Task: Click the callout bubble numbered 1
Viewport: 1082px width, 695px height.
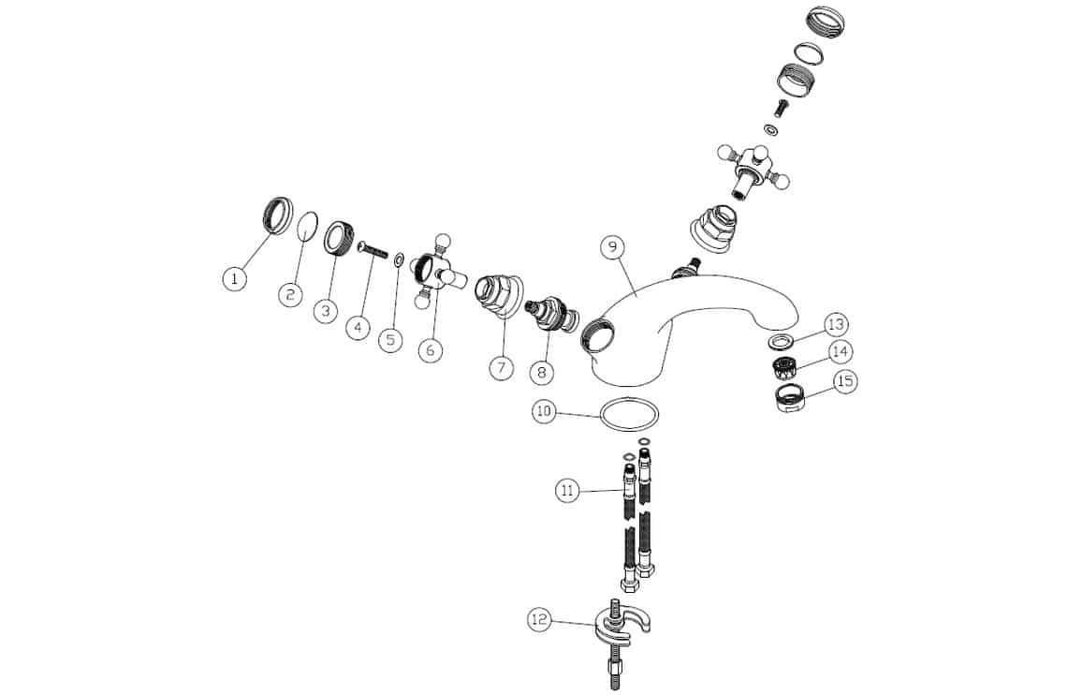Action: (x=235, y=279)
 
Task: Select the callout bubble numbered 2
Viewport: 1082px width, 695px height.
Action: (x=290, y=295)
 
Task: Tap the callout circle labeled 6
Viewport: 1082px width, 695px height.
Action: (x=431, y=349)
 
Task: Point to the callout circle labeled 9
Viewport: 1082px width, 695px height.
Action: (x=612, y=246)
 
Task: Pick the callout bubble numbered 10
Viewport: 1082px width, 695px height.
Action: (x=544, y=412)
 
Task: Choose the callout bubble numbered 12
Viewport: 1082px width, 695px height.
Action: (x=540, y=620)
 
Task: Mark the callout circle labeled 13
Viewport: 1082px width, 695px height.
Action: (x=836, y=324)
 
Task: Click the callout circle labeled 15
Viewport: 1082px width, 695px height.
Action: (x=845, y=381)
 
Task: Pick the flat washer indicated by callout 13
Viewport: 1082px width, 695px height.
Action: (x=781, y=340)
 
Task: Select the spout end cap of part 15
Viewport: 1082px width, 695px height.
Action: (x=787, y=399)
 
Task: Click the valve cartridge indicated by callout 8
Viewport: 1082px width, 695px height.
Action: (x=550, y=314)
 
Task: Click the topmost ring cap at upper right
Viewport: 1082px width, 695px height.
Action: (x=826, y=22)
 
